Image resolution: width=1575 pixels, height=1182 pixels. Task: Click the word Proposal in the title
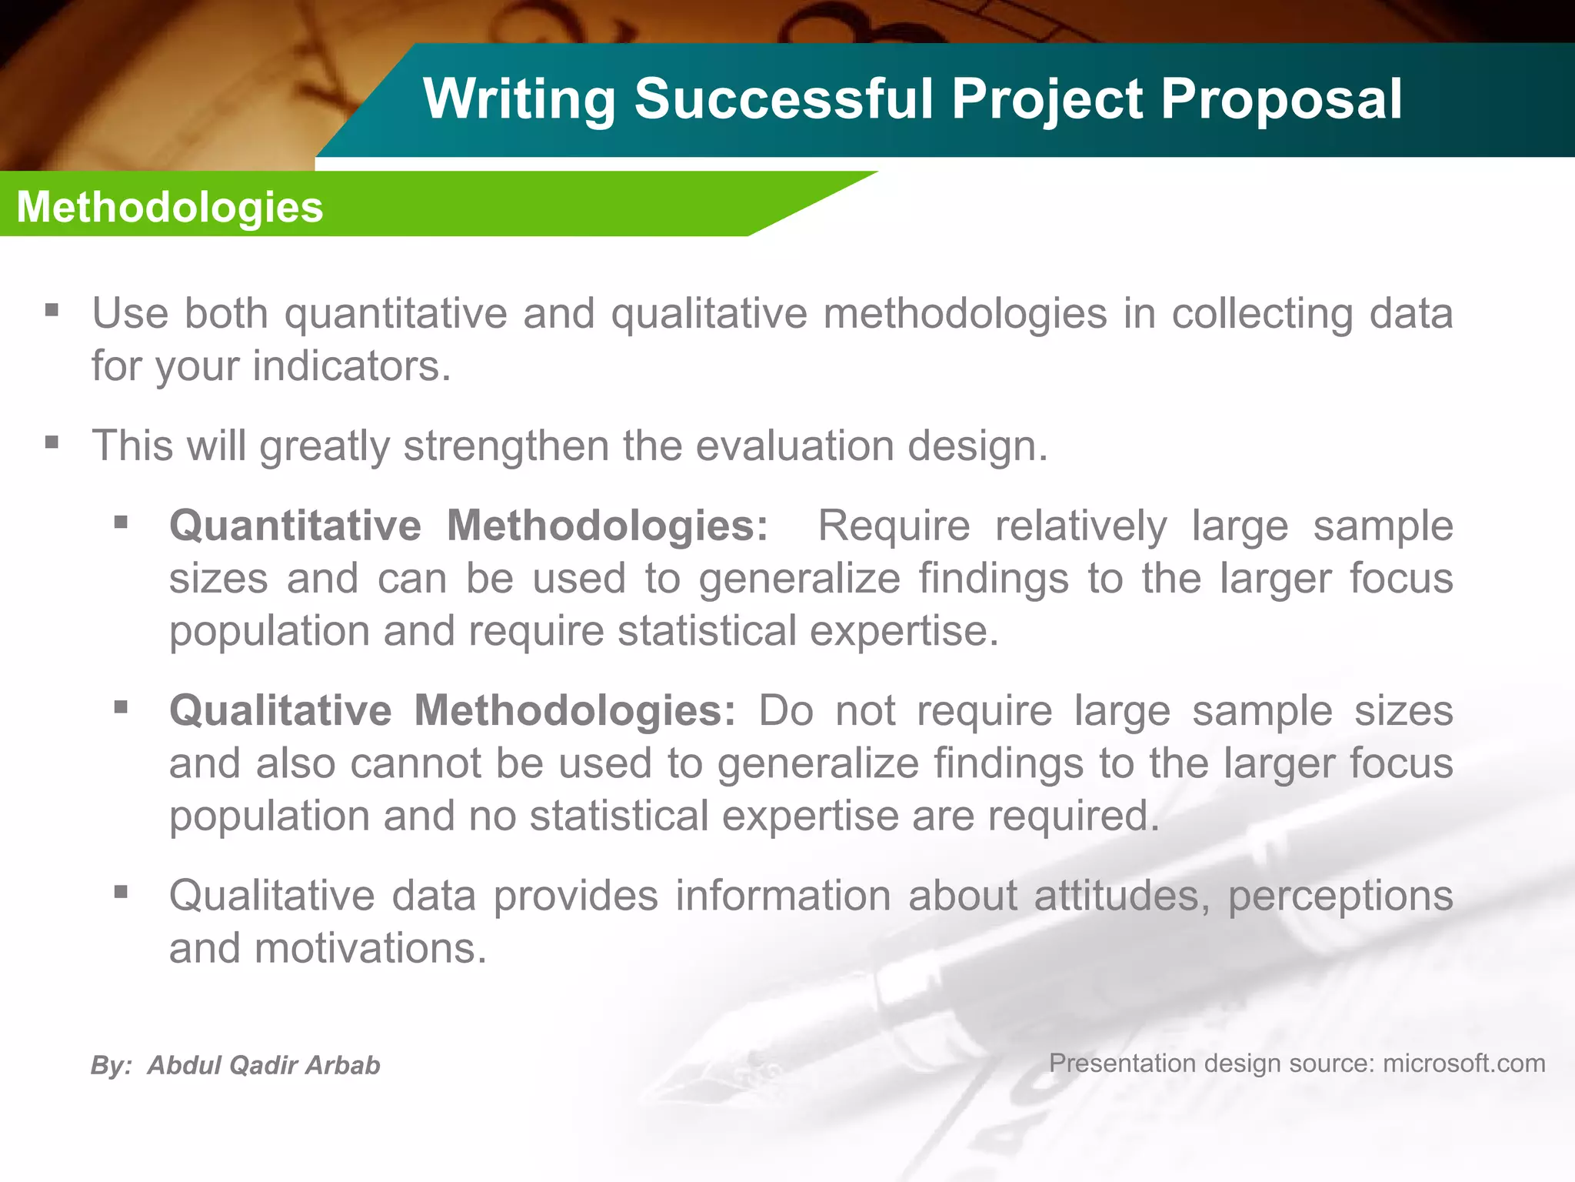pos(1281,100)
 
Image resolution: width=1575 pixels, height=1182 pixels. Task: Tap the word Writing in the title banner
pos(519,100)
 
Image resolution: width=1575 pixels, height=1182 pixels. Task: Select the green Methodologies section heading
pos(170,207)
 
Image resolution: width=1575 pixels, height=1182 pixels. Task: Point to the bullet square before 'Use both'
pos(52,311)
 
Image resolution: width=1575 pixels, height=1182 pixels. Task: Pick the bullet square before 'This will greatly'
pos(52,443)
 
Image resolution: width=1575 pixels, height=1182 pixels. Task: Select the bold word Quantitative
pos(295,526)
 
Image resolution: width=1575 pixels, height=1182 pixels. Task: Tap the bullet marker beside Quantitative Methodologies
pos(121,523)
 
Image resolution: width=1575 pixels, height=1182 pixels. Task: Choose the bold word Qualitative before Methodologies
pos(280,710)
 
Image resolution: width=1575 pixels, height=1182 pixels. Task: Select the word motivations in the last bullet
pos(371,948)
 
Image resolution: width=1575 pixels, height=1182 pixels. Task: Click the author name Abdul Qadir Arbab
pos(264,1065)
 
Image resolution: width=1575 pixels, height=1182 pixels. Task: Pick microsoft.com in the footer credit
pos(1463,1063)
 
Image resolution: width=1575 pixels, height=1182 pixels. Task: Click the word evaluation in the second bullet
pos(794,446)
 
